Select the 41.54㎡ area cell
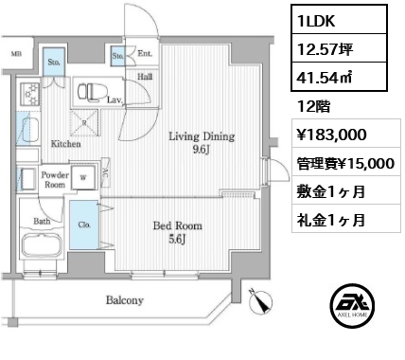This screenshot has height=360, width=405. [x=339, y=77]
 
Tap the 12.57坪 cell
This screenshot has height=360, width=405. [x=339, y=48]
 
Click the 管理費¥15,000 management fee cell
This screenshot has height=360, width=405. [x=346, y=162]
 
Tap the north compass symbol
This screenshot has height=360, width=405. [x=260, y=300]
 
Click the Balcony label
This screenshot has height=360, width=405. [x=125, y=300]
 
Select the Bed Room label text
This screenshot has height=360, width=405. [x=178, y=225]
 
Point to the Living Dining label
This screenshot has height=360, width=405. [x=202, y=136]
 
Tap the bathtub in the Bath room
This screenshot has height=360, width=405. [x=42, y=245]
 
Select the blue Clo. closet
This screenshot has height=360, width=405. [x=84, y=225]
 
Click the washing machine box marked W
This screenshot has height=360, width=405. [x=83, y=177]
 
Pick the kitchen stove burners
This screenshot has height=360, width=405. [x=30, y=94]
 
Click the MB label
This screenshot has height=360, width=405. [x=16, y=54]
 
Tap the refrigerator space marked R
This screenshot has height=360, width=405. [x=84, y=123]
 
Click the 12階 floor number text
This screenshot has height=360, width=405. [x=313, y=107]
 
